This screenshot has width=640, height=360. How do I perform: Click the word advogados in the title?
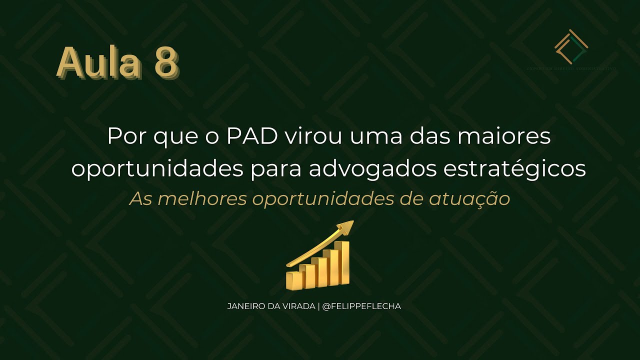373,169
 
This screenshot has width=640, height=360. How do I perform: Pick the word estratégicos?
514,169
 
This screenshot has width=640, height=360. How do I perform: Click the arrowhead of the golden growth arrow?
346,228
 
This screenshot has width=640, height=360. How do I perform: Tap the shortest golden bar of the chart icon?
292,280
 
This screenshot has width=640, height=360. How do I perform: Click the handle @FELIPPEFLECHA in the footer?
361,306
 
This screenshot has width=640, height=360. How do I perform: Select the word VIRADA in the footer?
298,306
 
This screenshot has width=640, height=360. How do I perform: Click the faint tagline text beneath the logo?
571,68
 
